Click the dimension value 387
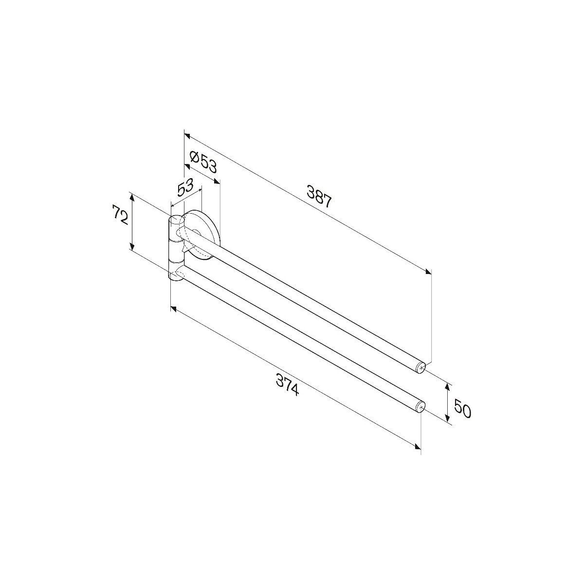coord(319,197)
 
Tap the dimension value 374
coord(287,384)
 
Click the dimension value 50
coord(462,409)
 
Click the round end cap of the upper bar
coord(421,368)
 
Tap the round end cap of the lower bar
coord(420,406)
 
